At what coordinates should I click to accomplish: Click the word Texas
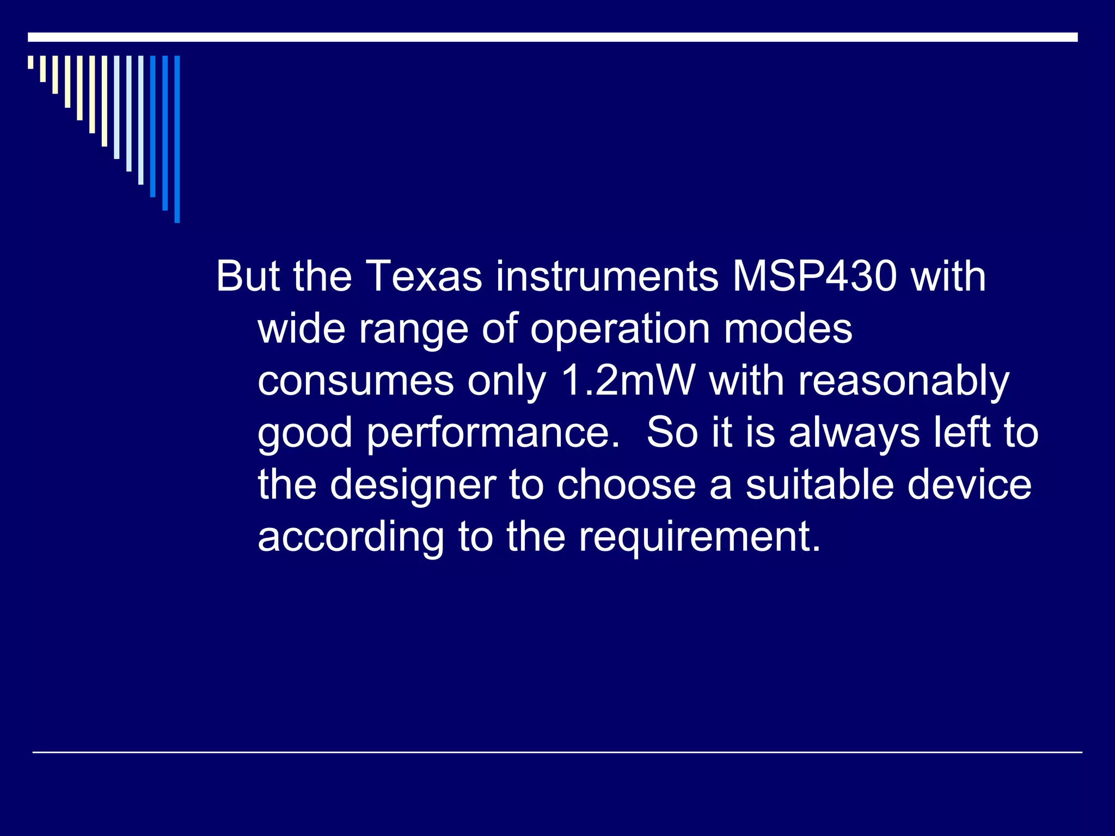(425, 276)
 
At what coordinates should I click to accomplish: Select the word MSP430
(814, 276)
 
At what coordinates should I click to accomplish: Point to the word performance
(493, 433)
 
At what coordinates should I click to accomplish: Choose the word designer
(413, 485)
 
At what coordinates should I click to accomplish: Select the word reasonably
(904, 382)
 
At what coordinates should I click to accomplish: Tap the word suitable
(819, 485)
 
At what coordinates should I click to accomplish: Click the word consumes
(356, 382)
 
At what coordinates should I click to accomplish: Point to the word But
(248, 276)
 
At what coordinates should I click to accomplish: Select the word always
(854, 433)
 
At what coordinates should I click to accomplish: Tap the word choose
(626, 485)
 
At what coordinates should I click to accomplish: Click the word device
(969, 485)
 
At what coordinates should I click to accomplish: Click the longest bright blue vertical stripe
(177, 139)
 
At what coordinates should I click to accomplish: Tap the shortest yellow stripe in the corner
(30, 62)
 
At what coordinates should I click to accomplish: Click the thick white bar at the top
(553, 37)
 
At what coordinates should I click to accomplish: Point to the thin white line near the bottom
(557, 752)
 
